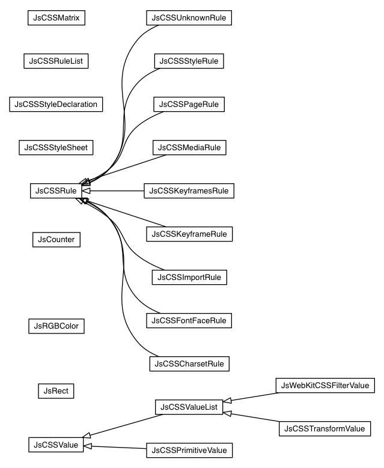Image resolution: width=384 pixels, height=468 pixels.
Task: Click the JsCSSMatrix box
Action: (56, 17)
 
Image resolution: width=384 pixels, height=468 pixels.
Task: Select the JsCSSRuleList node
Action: (56, 61)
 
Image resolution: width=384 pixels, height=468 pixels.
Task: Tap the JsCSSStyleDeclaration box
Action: (56, 104)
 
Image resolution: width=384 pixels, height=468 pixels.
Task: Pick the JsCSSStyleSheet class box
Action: (56, 147)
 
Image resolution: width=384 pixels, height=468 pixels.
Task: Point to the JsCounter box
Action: (56, 239)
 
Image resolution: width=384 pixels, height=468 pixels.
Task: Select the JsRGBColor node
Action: (56, 326)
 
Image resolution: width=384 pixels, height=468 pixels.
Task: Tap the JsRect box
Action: (56, 391)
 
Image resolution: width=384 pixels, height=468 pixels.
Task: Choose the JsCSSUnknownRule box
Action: (189, 17)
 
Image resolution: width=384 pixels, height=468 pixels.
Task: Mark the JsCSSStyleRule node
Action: (189, 61)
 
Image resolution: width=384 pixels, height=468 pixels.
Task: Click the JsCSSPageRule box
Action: (189, 104)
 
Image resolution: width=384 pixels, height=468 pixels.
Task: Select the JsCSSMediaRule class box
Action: (189, 147)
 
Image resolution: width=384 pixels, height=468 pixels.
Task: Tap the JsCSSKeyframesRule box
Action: (189, 191)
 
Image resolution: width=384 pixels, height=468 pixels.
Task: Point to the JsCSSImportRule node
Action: (189, 277)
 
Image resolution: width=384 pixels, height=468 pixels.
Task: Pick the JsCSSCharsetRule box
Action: (189, 363)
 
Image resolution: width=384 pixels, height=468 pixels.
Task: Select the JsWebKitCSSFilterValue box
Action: (325, 384)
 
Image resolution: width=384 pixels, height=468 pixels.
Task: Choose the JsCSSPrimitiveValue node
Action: (189, 449)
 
